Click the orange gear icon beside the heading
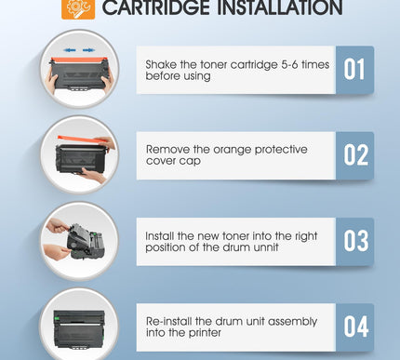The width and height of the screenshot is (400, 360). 78,8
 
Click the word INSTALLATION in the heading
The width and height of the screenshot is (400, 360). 279,7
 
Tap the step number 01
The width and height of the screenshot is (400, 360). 353,70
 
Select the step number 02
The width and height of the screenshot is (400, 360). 355,155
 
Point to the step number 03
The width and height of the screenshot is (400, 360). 355,241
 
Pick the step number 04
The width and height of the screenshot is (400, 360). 356,327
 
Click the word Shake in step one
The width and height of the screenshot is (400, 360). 161,64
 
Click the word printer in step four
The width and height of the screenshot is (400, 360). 205,333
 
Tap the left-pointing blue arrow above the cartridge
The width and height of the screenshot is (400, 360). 70,50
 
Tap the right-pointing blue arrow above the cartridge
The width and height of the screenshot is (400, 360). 88,50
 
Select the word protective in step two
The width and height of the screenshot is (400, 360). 281,151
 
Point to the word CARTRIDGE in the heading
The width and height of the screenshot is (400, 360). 156,7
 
